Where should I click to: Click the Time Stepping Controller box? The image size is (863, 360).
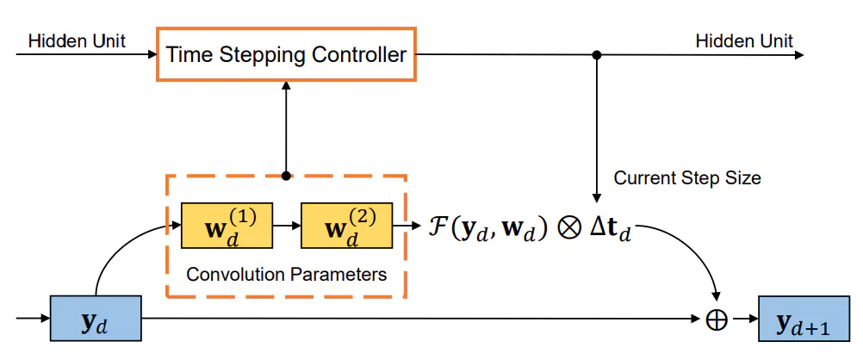(286, 55)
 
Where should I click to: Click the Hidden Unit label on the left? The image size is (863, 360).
(77, 41)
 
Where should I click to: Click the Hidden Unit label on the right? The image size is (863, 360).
(744, 41)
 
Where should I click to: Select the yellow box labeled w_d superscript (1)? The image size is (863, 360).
(226, 226)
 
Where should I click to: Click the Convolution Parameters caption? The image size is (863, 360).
(286, 275)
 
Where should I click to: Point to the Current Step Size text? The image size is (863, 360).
(687, 178)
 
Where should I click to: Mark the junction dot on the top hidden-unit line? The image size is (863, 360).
(596, 55)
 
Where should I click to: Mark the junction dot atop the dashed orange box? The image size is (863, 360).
(286, 176)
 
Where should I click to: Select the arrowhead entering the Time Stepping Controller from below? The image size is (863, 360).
(286, 88)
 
